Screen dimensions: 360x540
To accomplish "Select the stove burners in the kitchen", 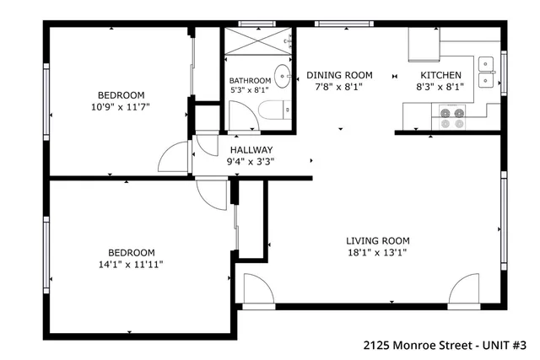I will coord(451,118).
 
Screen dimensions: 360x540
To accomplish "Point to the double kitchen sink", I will coord(487,72).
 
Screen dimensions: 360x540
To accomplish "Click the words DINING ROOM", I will coord(338,75).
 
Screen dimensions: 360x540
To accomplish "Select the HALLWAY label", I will coord(251,150).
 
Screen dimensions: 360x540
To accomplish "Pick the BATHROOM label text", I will coord(250,80).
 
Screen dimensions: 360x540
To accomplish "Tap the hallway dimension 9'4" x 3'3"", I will coord(251,162).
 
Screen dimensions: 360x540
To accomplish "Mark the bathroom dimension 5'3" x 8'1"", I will coord(250,90).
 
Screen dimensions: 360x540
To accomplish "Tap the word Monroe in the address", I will coord(423,345).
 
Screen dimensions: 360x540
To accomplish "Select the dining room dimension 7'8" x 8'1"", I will coord(338,86).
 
